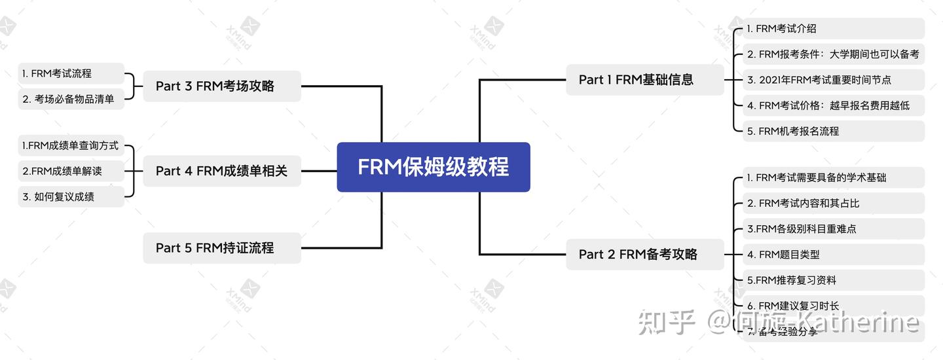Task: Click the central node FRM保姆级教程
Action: pyautogui.click(x=433, y=167)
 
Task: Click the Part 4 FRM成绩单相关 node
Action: pyautogui.click(x=221, y=171)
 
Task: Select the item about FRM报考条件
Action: pyautogui.click(x=832, y=54)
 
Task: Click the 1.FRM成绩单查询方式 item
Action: pyautogui.click(x=71, y=146)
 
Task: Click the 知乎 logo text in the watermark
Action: pyautogui.click(x=665, y=322)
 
